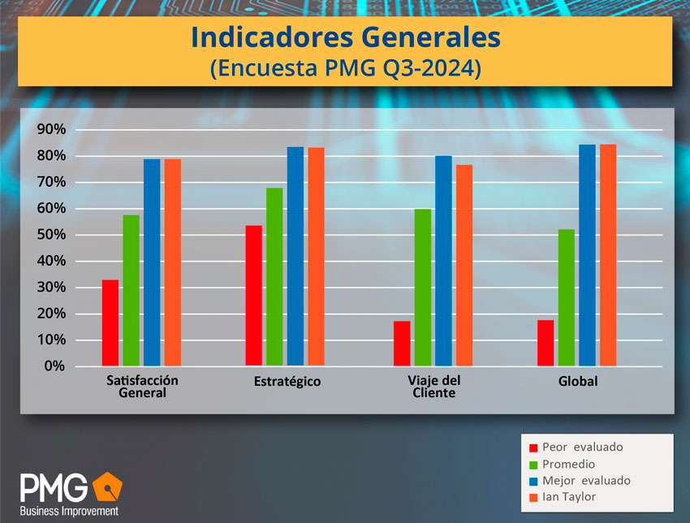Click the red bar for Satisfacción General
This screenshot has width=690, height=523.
pyautogui.click(x=110, y=323)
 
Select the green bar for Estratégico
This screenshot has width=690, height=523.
pyautogui.click(x=274, y=277)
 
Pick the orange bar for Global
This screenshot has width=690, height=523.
pyautogui.click(x=608, y=255)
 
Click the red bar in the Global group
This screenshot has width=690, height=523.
pyautogui.click(x=546, y=343)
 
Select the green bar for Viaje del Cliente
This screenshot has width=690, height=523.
pyautogui.click(x=422, y=287)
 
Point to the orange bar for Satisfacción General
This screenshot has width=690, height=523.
pyautogui.click(x=172, y=262)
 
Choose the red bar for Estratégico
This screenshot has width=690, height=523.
pyautogui.click(x=253, y=296)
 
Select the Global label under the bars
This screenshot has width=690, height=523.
pyautogui.click(x=578, y=382)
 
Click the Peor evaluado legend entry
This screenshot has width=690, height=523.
pyautogui.click(x=581, y=447)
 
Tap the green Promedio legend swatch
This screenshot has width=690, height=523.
pyautogui.click(x=533, y=465)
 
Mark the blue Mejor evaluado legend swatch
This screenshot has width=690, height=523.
pyautogui.click(x=533, y=481)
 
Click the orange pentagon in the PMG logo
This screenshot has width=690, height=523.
pyautogui.click(x=106, y=486)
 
